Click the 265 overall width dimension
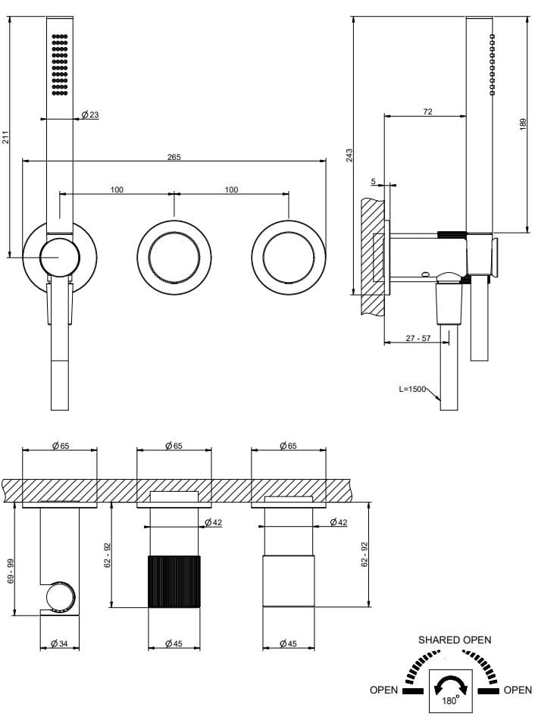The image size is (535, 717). coord(174,157)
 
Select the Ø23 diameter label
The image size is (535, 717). coord(89,115)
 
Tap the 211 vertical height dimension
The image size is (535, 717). coord(5,137)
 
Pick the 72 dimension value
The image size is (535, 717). coord(427,112)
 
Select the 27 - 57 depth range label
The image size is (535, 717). coord(418,338)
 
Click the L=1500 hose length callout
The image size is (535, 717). coord(413,389)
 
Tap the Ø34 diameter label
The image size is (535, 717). coord(60,643)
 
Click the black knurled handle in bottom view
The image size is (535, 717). coord(174,581)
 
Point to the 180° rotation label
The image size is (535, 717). coord(450,701)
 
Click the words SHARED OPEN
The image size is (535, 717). coord(455,640)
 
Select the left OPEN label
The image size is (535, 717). coord(383,690)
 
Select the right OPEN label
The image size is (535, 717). coord(518,690)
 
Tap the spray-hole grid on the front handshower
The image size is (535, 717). coord(59,65)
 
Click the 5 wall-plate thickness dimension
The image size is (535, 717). coord(374,181)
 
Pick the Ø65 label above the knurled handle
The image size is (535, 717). coord(174,446)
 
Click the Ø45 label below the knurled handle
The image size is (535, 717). coord(174,643)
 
